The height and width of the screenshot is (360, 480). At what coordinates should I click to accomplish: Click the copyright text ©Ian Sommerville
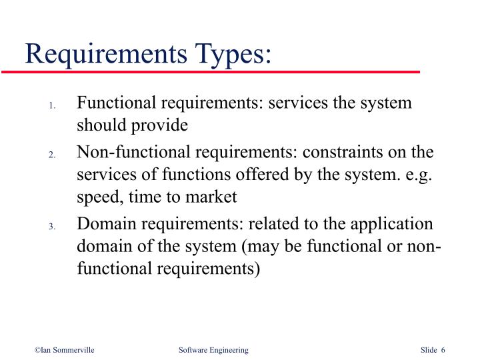click(x=65, y=350)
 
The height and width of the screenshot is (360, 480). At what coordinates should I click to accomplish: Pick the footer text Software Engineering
click(x=213, y=350)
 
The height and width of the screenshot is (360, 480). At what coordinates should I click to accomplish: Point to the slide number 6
click(x=443, y=350)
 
